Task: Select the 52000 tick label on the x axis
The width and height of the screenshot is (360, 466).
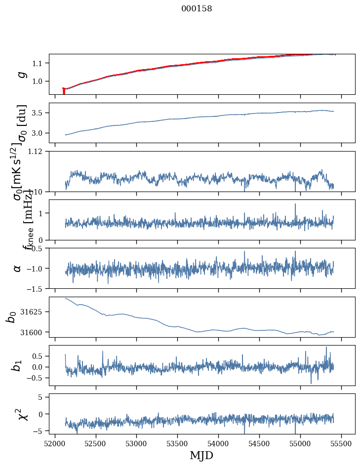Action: [55, 443]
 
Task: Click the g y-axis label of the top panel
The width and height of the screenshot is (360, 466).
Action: [21, 74]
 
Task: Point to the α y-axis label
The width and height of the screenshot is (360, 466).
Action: [18, 268]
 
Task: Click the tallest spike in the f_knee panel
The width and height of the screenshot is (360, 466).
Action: [295, 204]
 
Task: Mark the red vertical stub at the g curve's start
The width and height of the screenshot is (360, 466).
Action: [64, 91]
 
